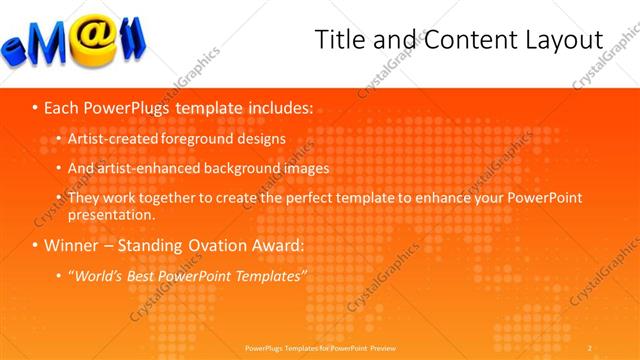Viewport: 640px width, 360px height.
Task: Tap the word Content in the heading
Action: click(456, 40)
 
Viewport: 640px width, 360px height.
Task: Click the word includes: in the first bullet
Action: click(277, 106)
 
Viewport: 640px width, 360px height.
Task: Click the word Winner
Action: click(71, 244)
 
